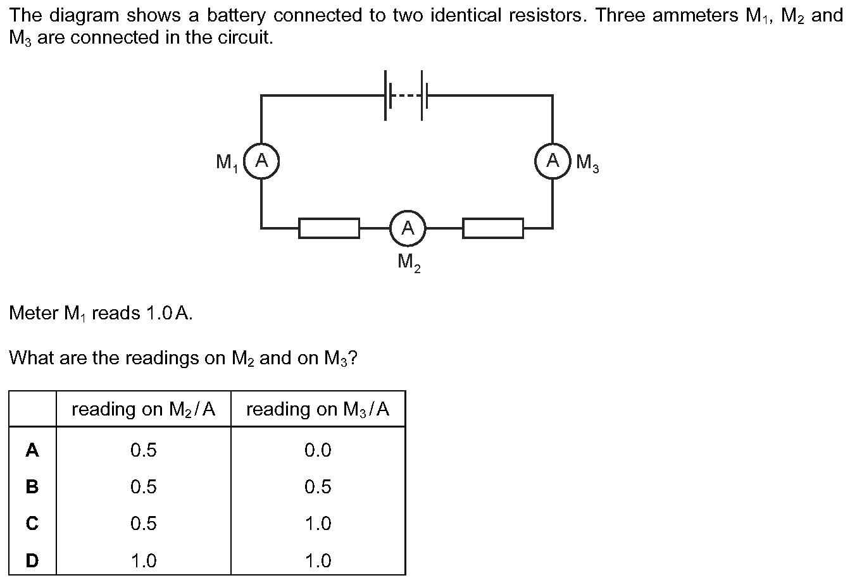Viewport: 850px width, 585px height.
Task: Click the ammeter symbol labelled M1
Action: point(261,161)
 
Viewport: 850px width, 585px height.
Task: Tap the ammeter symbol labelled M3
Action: point(553,161)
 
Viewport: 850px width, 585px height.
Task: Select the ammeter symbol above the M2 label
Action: point(408,228)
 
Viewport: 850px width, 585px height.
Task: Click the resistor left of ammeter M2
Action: point(329,228)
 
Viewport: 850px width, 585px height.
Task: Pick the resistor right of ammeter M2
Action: point(493,228)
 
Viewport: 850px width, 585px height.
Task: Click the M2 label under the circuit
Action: point(409,261)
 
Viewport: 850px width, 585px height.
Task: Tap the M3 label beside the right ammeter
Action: point(587,164)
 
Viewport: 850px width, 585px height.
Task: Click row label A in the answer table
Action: point(32,450)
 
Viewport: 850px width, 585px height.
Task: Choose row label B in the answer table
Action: point(32,487)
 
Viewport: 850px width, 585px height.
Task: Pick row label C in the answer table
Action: point(32,524)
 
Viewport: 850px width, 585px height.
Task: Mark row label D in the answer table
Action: point(32,560)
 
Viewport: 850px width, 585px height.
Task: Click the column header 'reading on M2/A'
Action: point(144,409)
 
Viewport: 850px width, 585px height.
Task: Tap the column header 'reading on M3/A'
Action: point(318,409)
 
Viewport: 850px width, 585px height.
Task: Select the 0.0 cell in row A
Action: point(318,450)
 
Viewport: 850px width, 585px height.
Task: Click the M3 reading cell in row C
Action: point(318,524)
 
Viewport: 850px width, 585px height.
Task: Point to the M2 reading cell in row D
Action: point(144,560)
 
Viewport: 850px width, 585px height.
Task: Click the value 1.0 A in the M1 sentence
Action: point(168,313)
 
